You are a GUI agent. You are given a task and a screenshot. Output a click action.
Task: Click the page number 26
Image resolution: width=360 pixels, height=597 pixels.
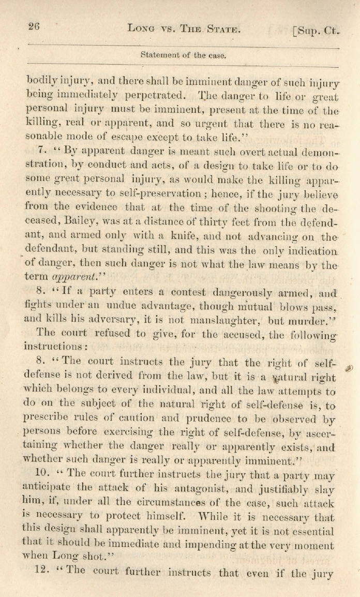point(34,27)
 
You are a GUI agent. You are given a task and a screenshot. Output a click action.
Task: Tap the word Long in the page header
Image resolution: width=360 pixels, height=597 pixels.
point(141,30)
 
